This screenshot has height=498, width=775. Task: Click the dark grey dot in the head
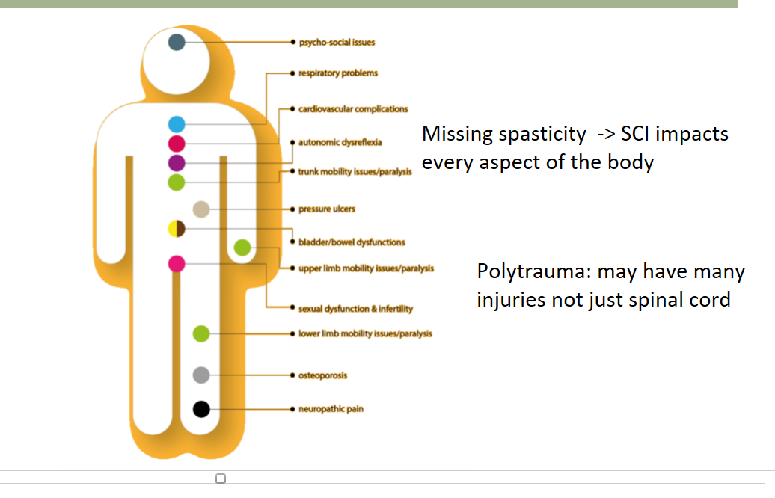(x=177, y=42)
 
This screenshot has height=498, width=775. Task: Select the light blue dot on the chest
(x=177, y=124)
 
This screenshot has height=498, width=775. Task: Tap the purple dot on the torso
(x=177, y=163)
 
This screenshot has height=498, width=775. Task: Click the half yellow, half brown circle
(x=177, y=229)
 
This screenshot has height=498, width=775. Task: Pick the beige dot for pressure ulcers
(x=200, y=209)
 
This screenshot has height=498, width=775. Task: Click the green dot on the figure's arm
(x=242, y=248)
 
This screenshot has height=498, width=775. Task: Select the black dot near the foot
(x=200, y=409)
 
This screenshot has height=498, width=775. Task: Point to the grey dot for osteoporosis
(x=200, y=375)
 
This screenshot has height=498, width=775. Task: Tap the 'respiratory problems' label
(x=338, y=73)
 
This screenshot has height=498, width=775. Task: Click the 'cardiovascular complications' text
(x=353, y=109)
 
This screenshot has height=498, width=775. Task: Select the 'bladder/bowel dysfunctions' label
(x=352, y=242)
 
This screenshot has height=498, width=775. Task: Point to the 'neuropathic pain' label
(x=331, y=409)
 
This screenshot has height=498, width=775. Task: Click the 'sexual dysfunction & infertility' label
(x=355, y=309)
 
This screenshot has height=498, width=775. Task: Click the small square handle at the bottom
(x=221, y=478)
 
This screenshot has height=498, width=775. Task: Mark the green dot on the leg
(x=200, y=333)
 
